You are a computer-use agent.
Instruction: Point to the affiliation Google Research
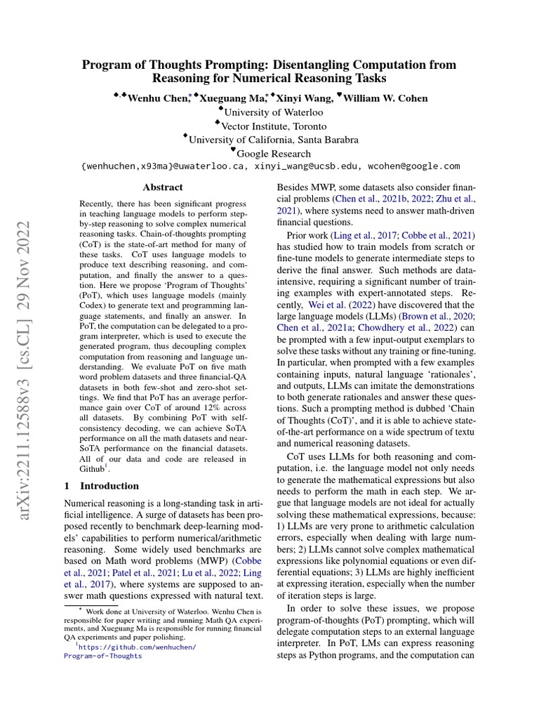pyautogui.click(x=274, y=153)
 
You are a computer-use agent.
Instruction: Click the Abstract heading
pyautogui.click(x=162, y=187)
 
